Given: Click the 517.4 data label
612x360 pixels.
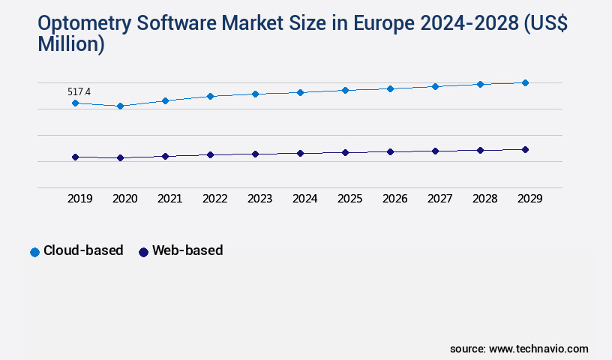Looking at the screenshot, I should (79, 91).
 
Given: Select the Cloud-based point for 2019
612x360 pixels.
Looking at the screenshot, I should (75, 103).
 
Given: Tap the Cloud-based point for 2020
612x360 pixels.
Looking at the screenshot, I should (120, 106).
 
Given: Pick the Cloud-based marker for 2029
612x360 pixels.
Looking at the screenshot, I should (525, 82).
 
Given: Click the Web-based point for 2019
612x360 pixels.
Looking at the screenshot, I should (75, 157).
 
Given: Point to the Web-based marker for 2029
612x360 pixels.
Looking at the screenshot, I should (525, 149).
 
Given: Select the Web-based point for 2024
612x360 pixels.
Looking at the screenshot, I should (300, 153).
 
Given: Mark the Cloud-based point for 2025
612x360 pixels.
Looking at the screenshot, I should (345, 90).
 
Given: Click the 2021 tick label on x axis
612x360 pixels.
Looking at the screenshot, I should (169, 199).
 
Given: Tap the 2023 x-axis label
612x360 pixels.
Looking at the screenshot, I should (259, 199).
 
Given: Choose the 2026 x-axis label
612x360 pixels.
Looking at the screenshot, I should (394, 199).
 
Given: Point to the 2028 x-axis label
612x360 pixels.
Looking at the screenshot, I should (484, 199).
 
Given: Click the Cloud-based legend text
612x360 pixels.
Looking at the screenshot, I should (83, 251).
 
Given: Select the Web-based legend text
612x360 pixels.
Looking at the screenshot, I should (187, 251).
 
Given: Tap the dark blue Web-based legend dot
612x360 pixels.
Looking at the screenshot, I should (143, 252).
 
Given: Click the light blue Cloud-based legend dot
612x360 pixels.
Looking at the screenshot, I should (34, 252).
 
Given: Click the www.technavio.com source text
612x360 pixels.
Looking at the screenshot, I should (538, 349).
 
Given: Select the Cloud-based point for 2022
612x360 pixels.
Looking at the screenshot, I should (210, 96).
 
